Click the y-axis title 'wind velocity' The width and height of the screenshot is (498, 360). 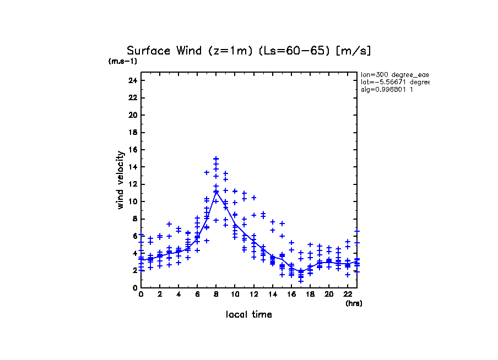pyautogui.click(x=120, y=182)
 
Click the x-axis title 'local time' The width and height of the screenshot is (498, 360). pyautogui.click(x=248, y=315)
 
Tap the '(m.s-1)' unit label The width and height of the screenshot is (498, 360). pyautogui.click(x=122, y=61)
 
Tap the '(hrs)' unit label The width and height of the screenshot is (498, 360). pyautogui.click(x=354, y=303)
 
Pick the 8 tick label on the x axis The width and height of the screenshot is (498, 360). pyautogui.click(x=216, y=294)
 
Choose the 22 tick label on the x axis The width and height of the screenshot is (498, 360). pyautogui.click(x=348, y=294)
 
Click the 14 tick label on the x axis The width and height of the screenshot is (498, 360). pyautogui.click(x=272, y=294)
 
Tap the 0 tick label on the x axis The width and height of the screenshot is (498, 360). pyautogui.click(x=141, y=294)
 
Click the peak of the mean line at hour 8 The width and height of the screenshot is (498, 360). pyautogui.click(x=216, y=192)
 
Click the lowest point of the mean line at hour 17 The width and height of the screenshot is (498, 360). pyautogui.click(x=301, y=271)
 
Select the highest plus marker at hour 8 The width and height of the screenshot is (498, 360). pyautogui.click(x=216, y=159)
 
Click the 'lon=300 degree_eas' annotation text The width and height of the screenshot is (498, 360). pyautogui.click(x=394, y=74)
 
